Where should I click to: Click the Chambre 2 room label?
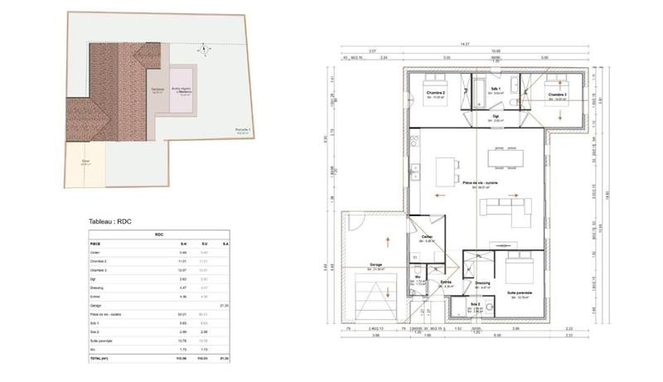point(436,93)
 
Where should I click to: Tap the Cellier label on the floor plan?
point(427,237)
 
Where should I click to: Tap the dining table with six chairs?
point(448,172)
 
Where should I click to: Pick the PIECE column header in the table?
point(96,244)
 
